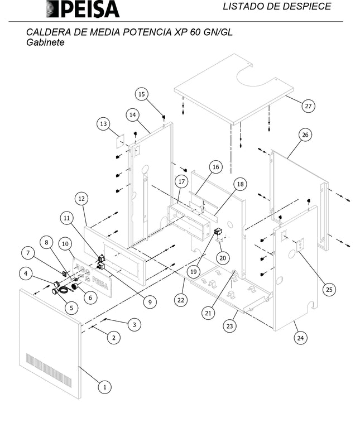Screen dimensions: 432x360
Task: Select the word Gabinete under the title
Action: coord(45,42)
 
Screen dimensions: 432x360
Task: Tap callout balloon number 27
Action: coord(308,105)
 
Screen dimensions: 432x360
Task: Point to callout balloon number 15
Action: coord(142,94)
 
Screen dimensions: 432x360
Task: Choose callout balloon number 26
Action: coord(305,135)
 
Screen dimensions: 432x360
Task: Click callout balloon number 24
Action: coord(301,337)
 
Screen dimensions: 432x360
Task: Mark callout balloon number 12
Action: coord(81,198)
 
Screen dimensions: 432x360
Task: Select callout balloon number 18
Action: coord(239,184)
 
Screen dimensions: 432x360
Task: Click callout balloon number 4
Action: coord(25,273)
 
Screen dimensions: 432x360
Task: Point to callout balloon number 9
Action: coord(150,302)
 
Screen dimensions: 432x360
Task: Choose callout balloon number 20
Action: coord(223,258)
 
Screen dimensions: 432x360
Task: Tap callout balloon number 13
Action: coord(103,124)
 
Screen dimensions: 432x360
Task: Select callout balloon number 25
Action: coord(329,289)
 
